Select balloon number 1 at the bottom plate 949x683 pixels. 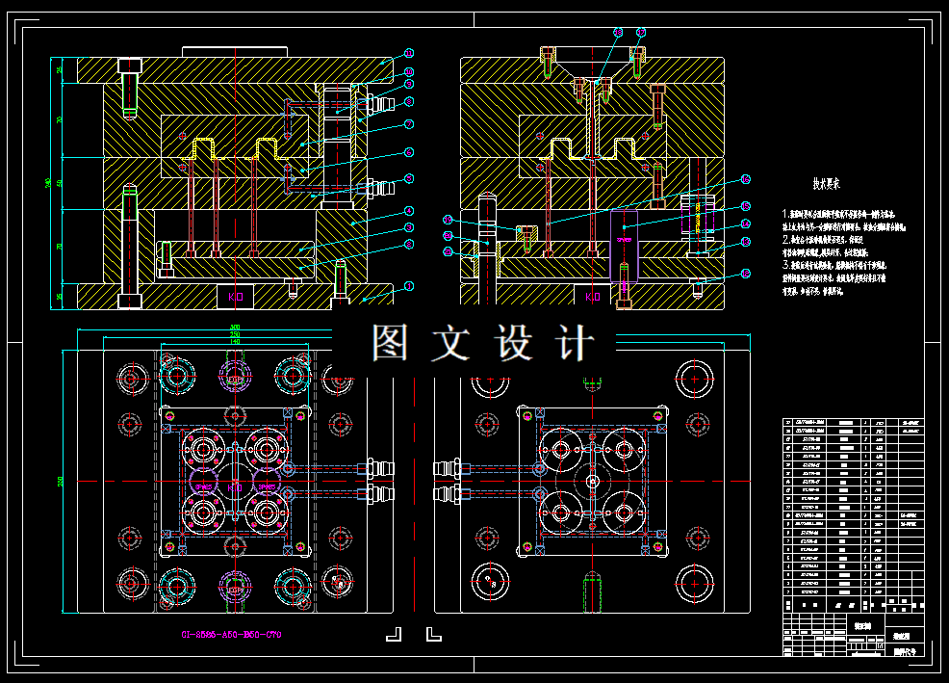(x=409, y=286)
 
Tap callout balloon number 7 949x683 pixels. (x=409, y=124)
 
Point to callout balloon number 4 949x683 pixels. (x=409, y=210)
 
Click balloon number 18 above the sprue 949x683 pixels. (x=618, y=32)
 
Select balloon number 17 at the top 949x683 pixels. (x=639, y=32)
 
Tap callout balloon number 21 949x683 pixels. (x=447, y=251)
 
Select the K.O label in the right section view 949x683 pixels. (x=593, y=298)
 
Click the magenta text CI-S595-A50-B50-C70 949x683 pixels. (x=231, y=635)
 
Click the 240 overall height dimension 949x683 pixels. (x=47, y=183)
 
